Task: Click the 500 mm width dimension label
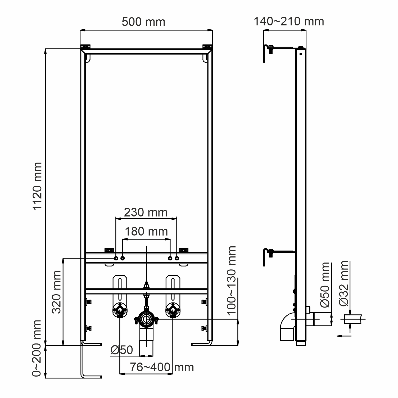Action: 143,22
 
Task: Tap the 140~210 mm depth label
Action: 289,21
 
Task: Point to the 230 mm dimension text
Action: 146,212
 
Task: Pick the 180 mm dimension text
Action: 146,232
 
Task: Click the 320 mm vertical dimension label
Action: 57,292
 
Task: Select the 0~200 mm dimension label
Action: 37,348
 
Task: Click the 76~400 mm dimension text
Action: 162,367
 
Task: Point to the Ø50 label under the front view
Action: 122,350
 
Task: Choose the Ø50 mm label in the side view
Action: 325,285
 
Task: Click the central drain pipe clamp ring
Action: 146,320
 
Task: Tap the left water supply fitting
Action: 120,310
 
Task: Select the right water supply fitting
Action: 173,310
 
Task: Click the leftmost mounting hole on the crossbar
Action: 116,258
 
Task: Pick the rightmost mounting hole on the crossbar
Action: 177,258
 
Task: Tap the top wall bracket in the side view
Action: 270,50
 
